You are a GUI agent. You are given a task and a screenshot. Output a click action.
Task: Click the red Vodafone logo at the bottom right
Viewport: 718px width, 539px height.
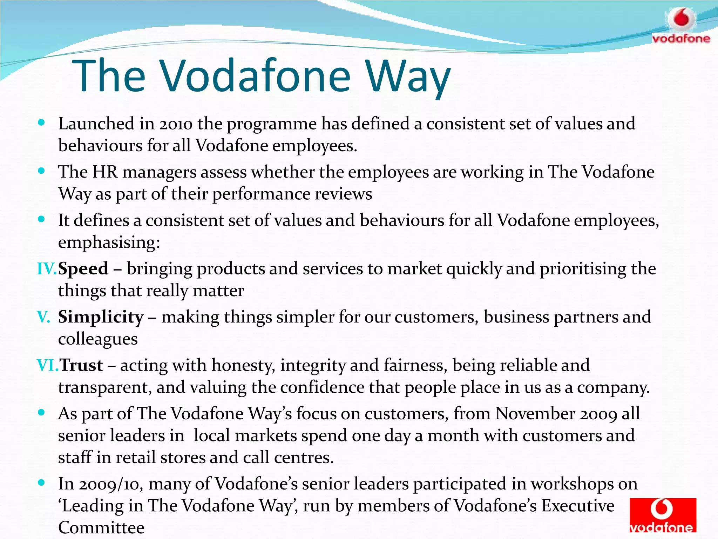662,515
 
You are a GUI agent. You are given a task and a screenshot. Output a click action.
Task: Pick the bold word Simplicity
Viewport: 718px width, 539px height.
101,317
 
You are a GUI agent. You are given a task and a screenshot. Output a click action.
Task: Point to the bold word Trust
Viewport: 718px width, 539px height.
81,365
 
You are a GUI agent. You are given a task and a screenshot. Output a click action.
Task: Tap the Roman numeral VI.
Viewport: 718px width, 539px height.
47,365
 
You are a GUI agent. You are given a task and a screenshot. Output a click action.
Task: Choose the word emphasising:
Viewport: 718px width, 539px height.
109,242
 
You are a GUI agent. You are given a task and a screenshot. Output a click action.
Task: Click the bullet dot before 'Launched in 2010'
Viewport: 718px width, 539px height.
41,123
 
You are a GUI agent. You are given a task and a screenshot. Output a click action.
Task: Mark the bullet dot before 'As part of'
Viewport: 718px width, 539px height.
41,413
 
